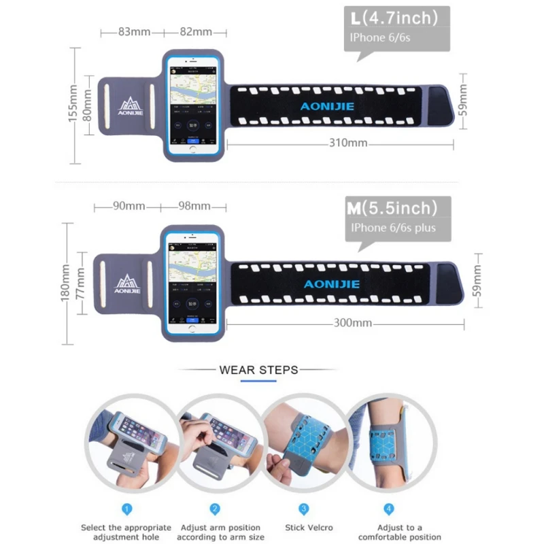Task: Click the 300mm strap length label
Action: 352,323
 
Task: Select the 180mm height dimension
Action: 65,283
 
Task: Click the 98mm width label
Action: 194,206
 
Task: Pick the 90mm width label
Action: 129,206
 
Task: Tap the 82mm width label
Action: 196,32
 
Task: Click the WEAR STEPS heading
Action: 258,370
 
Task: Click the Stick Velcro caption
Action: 303,528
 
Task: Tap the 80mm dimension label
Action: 87,105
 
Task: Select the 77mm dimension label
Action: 82,283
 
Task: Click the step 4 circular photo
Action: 390,442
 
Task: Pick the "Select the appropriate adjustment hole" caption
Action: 127,532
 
